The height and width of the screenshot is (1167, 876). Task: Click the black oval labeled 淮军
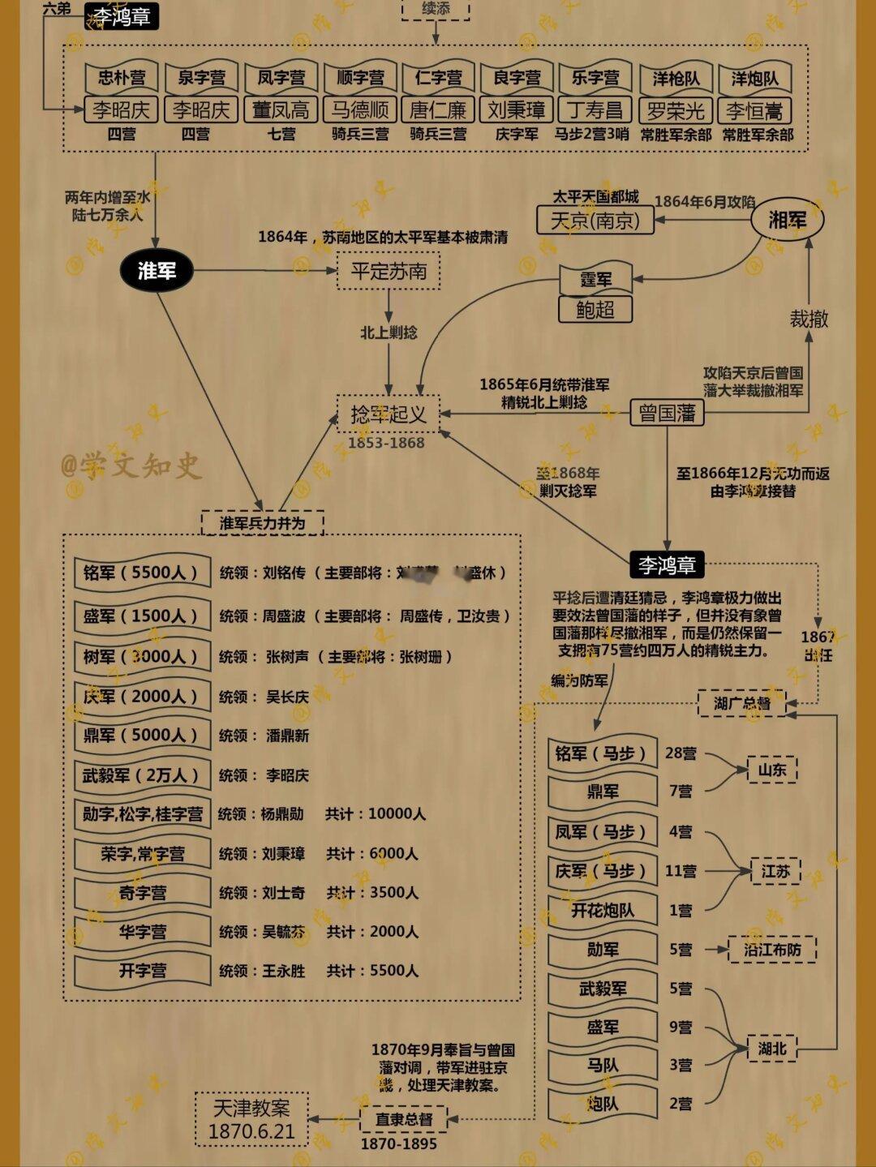point(157,270)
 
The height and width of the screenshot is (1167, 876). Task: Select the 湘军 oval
point(787,219)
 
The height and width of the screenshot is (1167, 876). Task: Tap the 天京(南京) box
point(595,220)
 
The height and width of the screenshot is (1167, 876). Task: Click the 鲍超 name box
point(595,309)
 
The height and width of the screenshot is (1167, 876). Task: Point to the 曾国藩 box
point(667,413)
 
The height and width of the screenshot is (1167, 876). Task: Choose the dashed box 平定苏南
point(389,271)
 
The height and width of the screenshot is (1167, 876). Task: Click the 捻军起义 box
point(389,414)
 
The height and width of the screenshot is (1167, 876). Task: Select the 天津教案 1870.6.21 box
point(251,1119)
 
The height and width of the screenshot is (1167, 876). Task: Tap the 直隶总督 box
point(403,1119)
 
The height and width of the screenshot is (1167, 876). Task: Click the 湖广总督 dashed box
point(741,703)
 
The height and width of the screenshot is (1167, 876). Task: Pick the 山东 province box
point(771,770)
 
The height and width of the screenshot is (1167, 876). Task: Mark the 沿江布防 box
point(771,949)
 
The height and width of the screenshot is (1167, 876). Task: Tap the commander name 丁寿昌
point(595,109)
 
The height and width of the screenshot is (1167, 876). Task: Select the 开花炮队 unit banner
point(602,910)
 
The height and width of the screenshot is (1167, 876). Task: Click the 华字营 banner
point(142,932)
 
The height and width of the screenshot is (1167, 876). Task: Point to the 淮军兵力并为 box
point(262,523)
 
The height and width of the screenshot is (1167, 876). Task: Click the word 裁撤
point(809,319)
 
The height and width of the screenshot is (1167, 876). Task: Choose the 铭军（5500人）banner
point(141,573)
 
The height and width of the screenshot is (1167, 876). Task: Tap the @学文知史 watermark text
point(130,466)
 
